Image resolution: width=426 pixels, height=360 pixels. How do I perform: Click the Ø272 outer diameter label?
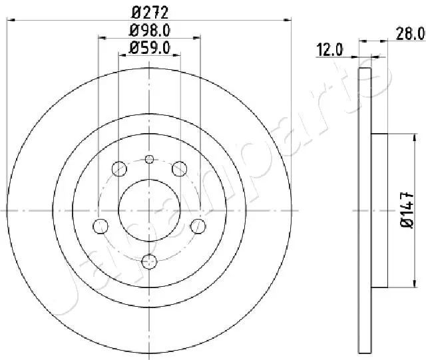pos(148,11)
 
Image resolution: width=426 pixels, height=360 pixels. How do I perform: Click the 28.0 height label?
pos(410,32)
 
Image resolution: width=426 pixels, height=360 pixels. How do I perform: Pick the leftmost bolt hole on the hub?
pos(101,225)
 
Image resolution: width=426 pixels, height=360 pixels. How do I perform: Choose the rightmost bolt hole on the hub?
pos(197,225)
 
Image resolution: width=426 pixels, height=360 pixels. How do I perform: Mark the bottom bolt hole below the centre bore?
pos(149,260)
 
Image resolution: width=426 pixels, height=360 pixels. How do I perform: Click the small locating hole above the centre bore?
pos(149,158)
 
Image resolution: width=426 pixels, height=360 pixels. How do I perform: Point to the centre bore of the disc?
pos(149,210)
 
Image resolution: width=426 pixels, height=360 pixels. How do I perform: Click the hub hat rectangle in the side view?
pos(379,210)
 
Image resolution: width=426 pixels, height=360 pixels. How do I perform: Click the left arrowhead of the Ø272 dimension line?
pos(9,20)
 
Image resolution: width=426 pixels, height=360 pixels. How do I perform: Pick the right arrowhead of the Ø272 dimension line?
pos(290,20)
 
